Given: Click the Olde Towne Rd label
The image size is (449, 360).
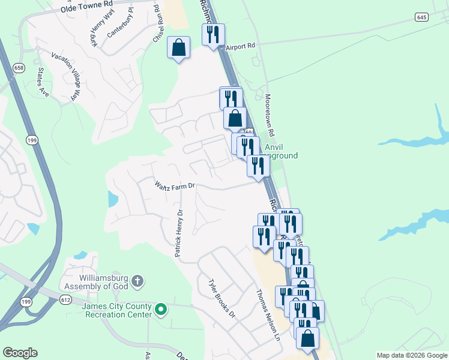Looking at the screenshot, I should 87,7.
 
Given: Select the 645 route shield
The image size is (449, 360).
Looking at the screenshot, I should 421,17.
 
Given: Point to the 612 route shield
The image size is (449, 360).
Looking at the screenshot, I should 66,299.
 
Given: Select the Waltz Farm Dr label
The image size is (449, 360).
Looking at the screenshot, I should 175,185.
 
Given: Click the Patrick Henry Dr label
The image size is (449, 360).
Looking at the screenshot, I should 179,233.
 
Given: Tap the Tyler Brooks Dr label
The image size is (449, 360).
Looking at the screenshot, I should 221,298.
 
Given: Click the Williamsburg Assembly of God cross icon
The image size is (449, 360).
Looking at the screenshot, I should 137,280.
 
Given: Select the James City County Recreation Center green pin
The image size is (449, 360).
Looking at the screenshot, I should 160,310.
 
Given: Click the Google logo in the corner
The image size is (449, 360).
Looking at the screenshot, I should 20,353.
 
